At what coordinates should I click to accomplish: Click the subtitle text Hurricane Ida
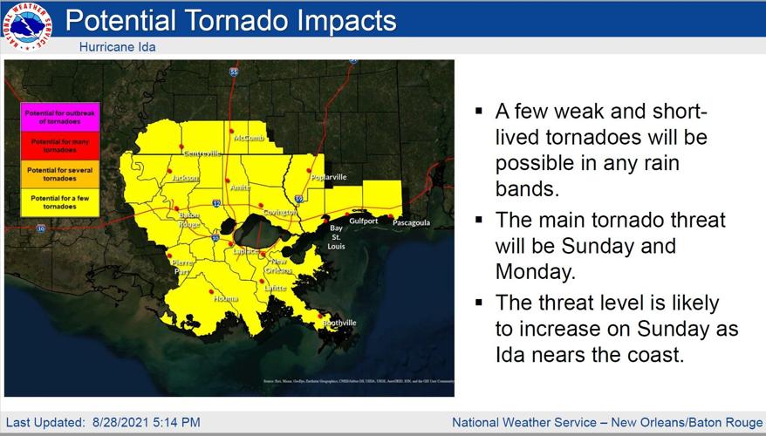[x=117, y=46]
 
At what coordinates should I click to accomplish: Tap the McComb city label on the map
[x=249, y=138]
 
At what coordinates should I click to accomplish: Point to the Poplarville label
[x=328, y=177]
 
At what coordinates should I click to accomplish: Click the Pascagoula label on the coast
[x=411, y=222]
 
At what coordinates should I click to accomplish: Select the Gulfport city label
[x=364, y=221]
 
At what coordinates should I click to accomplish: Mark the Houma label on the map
[x=225, y=299]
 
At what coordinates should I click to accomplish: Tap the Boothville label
[x=339, y=323]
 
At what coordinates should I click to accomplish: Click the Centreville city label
[x=202, y=153]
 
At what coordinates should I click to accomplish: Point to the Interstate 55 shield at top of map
[x=234, y=72]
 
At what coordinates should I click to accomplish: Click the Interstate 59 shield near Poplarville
[x=299, y=199]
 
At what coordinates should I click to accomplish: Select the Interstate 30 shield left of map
[x=41, y=228]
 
